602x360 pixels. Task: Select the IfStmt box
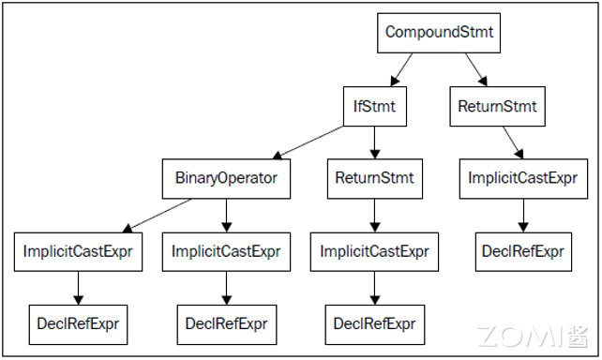[374, 106]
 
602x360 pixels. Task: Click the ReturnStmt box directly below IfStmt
[374, 176]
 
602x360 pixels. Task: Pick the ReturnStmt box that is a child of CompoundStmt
[497, 106]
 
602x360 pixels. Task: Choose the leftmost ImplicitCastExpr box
[78, 251]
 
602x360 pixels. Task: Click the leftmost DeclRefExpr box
[78, 323]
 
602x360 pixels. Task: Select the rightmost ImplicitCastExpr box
[522, 178]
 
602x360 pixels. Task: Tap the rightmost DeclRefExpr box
[522, 251]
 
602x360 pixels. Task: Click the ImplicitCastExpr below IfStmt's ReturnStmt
[374, 251]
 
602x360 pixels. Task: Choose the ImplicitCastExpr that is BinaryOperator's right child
[226, 251]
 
